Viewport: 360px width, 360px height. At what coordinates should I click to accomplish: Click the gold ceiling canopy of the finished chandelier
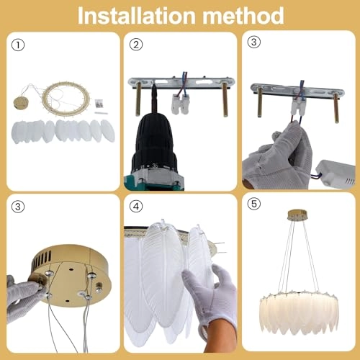(x=297, y=215)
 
